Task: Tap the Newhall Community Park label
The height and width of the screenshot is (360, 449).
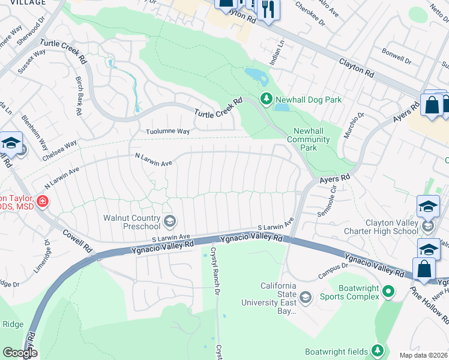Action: [x=312, y=140]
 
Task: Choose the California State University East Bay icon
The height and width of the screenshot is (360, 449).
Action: [x=306, y=297]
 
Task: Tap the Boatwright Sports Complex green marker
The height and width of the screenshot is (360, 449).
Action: [x=388, y=292]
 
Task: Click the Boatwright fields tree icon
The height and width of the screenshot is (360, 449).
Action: [x=378, y=350]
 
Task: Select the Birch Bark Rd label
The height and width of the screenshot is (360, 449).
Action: [x=77, y=95]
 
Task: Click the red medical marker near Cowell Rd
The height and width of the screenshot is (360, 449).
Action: [x=42, y=200]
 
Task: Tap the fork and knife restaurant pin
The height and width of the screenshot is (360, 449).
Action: [x=268, y=9]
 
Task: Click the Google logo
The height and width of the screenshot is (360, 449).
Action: [x=20, y=353]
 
